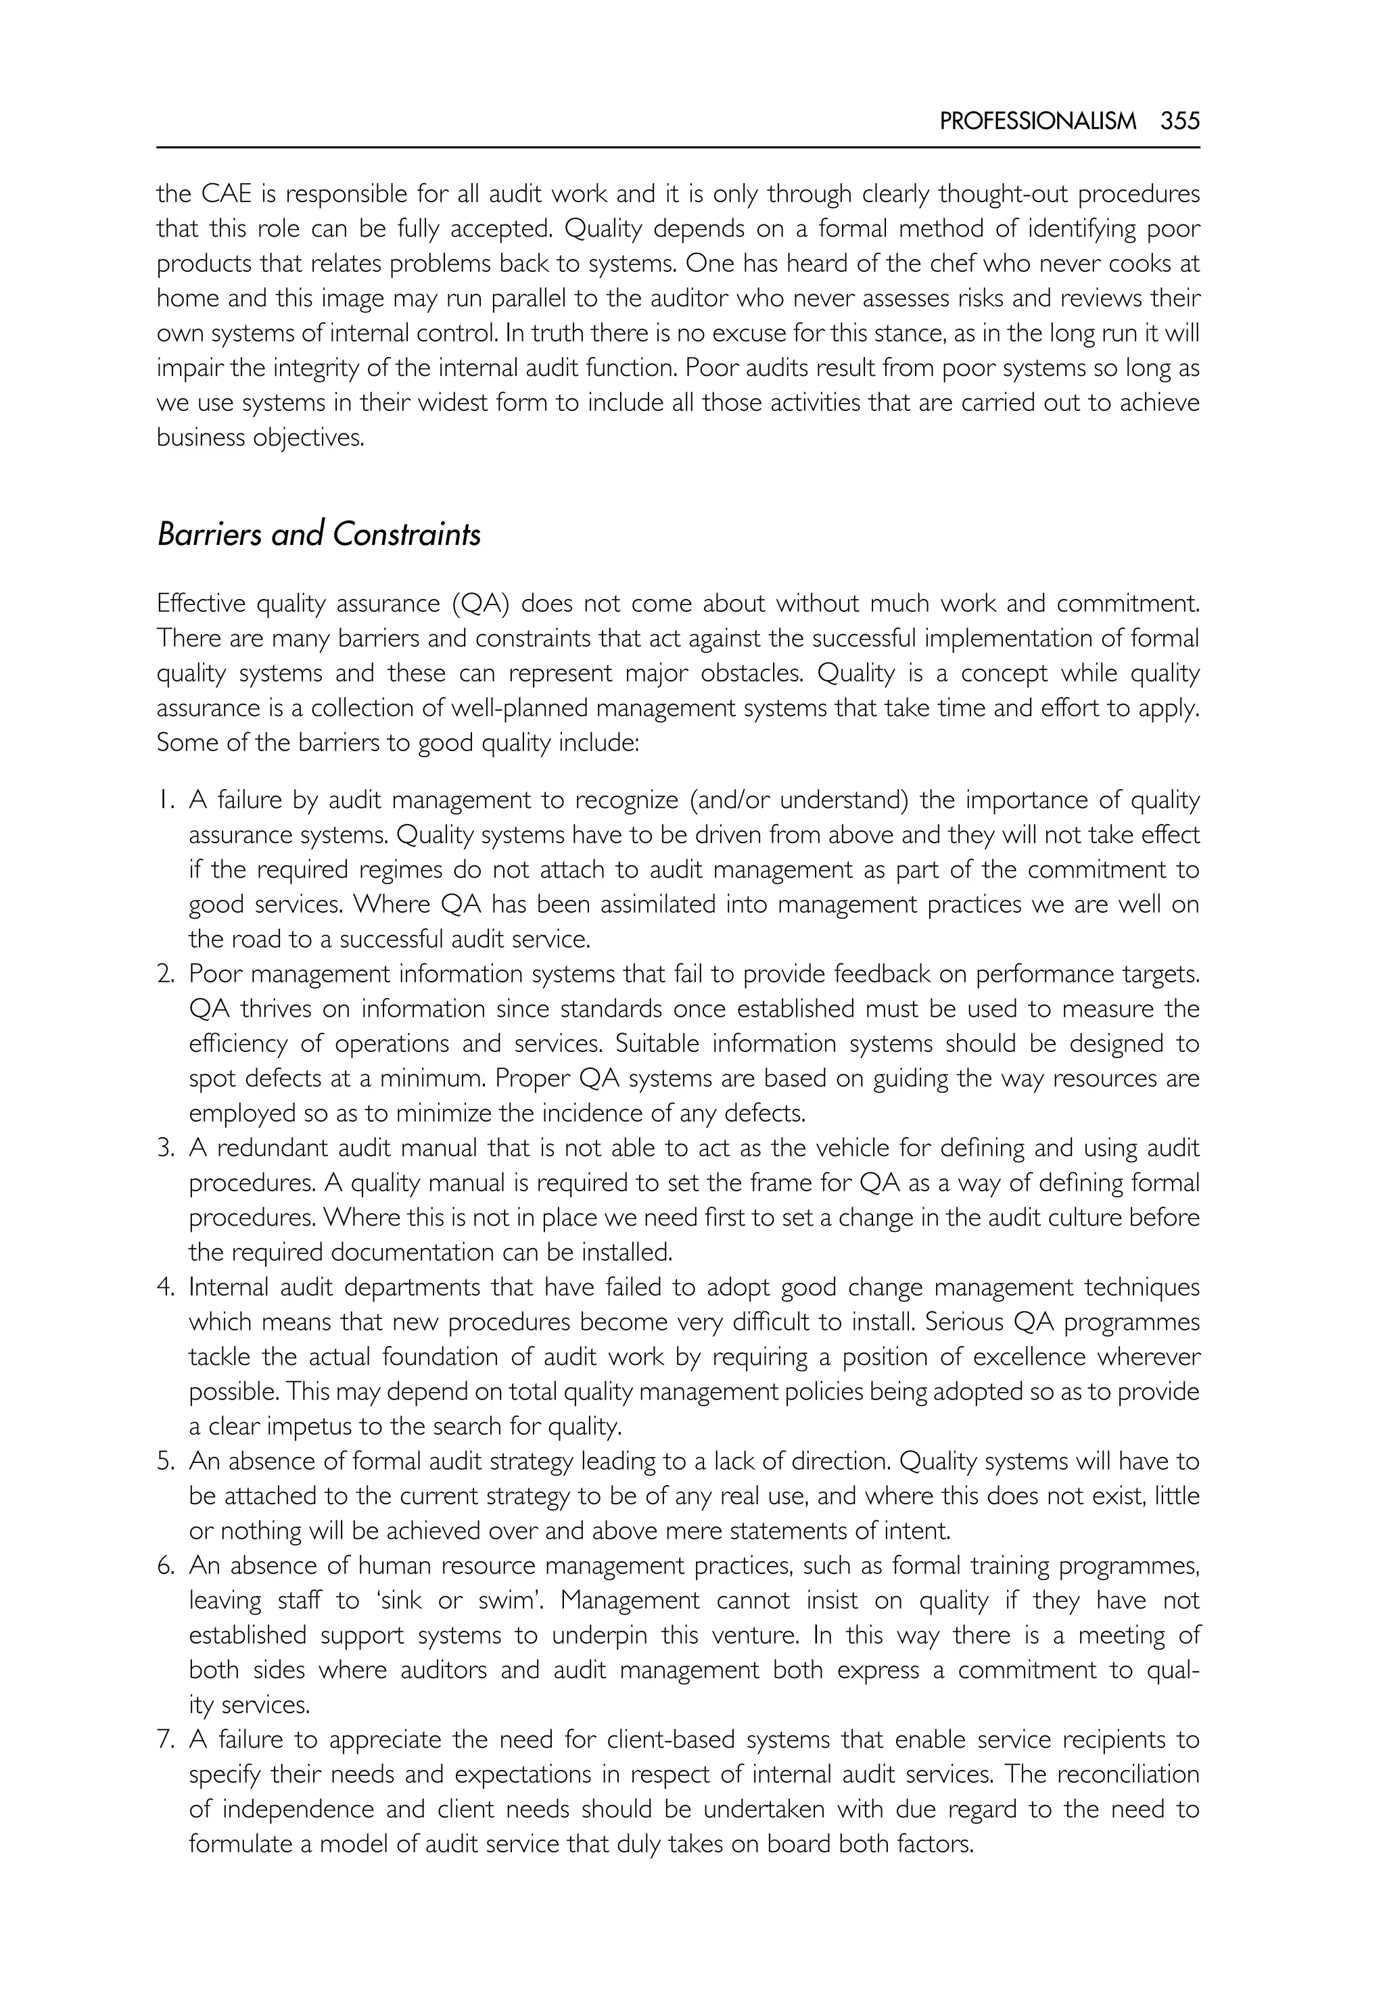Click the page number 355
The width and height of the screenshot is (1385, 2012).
tap(1179, 122)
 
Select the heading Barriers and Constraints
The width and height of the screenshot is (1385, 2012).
tap(319, 535)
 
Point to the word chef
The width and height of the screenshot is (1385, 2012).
tap(963, 264)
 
